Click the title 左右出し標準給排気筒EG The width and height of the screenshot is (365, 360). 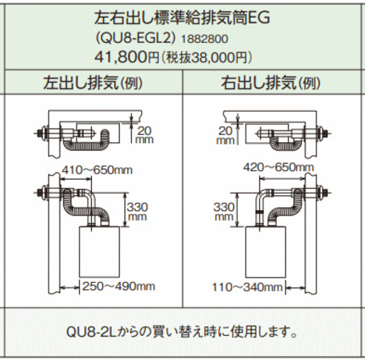182,18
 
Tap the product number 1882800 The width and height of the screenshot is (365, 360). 204,39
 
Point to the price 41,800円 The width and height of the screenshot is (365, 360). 126,57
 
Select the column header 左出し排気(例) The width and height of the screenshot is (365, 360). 93,83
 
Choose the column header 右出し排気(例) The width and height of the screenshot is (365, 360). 271,83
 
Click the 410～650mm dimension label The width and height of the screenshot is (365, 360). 97,170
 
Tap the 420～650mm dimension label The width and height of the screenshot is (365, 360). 278,167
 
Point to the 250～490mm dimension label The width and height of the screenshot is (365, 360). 119,287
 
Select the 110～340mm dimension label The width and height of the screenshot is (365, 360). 247,287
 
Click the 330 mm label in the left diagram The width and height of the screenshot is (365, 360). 137,212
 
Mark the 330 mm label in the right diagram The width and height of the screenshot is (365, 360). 224,212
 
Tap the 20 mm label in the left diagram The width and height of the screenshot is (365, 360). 144,135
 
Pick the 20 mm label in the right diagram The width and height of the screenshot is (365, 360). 225,135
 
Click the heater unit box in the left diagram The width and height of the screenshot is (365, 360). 99,251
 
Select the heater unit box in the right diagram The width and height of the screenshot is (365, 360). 266,251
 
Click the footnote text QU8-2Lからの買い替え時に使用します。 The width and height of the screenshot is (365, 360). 182,333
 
